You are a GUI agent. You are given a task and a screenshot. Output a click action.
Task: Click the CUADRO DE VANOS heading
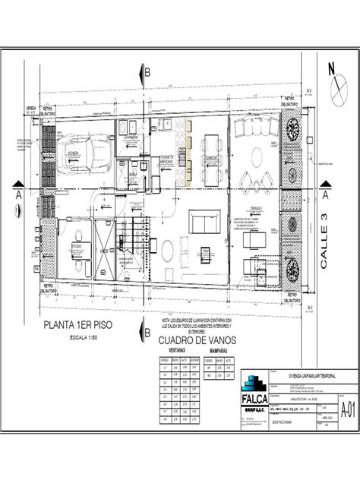point(189,341)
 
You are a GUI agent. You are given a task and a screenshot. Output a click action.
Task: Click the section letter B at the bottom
point(149,332)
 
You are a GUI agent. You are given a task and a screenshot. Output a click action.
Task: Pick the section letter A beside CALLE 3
point(324,195)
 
